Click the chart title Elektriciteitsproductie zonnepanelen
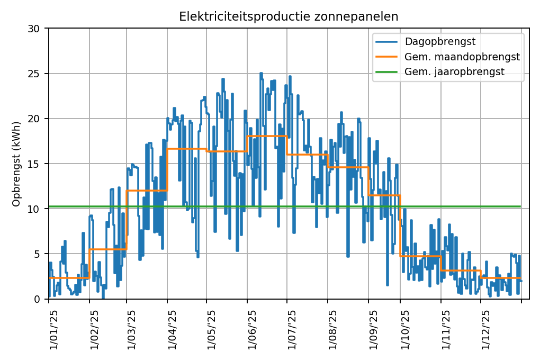point(289,16)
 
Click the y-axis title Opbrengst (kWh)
point(16,164)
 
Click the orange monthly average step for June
point(267,136)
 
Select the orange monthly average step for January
point(69,278)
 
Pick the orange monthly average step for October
point(420,256)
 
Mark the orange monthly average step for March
point(147,190)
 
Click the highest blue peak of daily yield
point(261,74)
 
